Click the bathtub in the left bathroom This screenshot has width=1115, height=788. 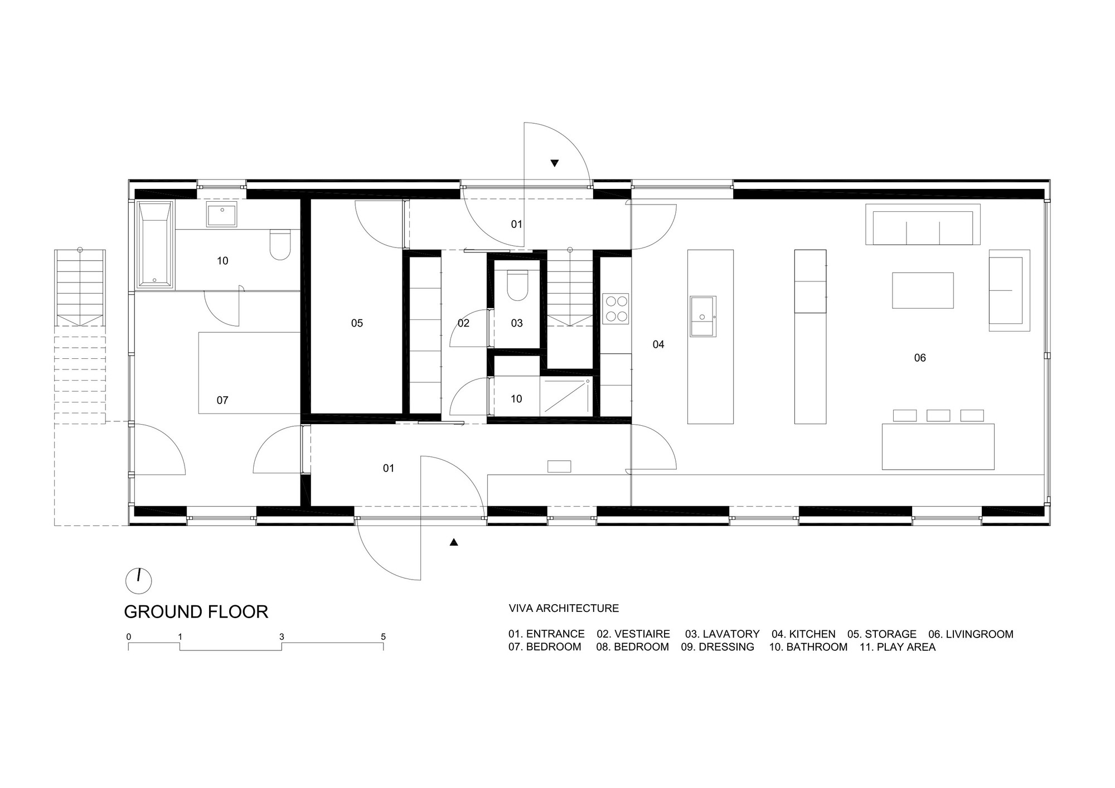click(155, 245)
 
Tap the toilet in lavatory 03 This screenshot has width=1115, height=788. click(517, 285)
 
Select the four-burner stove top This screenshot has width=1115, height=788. click(616, 309)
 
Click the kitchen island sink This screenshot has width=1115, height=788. click(703, 316)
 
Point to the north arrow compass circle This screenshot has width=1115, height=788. click(139, 581)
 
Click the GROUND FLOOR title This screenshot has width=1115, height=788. click(196, 612)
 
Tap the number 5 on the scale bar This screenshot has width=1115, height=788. click(383, 636)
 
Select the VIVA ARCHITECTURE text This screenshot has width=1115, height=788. click(564, 608)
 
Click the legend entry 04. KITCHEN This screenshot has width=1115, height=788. click(803, 634)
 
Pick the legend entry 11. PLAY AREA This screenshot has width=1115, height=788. click(898, 647)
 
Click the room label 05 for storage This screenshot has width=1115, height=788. click(357, 323)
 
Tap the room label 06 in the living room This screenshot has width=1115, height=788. click(920, 358)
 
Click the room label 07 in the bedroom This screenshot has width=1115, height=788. click(222, 400)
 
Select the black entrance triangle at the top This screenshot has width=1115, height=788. click(555, 163)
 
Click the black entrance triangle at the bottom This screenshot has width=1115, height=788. click(454, 542)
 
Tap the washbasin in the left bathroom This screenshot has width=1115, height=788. click(222, 214)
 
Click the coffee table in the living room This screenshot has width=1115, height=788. click(923, 290)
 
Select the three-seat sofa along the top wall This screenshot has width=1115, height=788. click(923, 225)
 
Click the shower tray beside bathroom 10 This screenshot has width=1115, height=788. click(566, 396)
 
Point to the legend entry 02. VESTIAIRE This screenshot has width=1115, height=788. click(633, 634)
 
